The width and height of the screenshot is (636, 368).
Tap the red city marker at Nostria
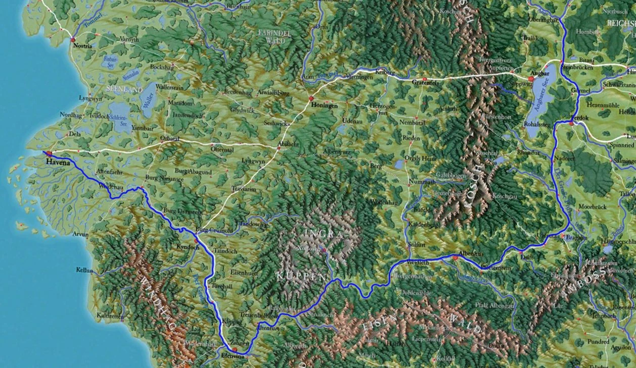point(73,39)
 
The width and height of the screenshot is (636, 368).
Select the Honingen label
point(324,106)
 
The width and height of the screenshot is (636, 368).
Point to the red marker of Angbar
point(531,79)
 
